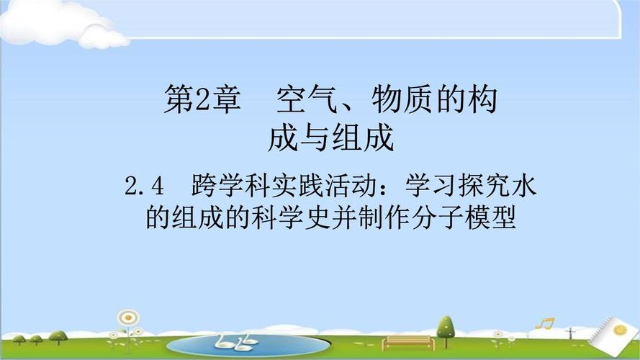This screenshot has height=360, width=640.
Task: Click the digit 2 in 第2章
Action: tap(202, 100)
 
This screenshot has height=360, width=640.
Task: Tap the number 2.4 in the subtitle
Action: tap(144, 186)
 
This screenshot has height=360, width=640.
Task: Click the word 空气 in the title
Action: tap(307, 99)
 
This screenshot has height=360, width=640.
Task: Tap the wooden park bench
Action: tap(407, 343)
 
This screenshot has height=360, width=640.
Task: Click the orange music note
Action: tap(545, 323)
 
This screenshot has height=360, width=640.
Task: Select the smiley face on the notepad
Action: tap(620, 329)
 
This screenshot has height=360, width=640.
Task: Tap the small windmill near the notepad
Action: tap(570, 333)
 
